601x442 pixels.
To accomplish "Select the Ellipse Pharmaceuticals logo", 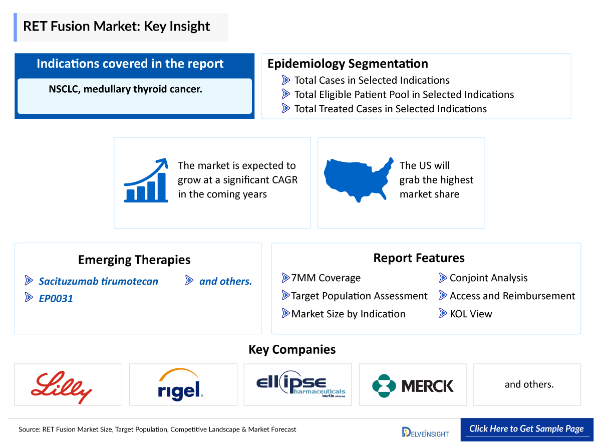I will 297,385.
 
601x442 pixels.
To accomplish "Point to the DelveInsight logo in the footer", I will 425,431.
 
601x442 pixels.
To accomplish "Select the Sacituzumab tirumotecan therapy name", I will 98,281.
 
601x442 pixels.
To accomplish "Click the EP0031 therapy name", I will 56,299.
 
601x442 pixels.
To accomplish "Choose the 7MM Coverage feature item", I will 326,278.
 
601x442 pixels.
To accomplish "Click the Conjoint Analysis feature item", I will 488,278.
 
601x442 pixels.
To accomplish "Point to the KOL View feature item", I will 470,314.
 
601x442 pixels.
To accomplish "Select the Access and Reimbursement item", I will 512,296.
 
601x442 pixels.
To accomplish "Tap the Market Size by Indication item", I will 348,314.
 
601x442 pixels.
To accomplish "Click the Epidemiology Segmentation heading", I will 348,64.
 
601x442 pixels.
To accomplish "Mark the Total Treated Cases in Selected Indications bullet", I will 390,109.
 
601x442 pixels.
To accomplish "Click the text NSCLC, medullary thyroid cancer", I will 125,89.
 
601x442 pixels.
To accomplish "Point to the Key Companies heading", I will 292,349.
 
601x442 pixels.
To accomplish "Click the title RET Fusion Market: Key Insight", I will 116,26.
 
